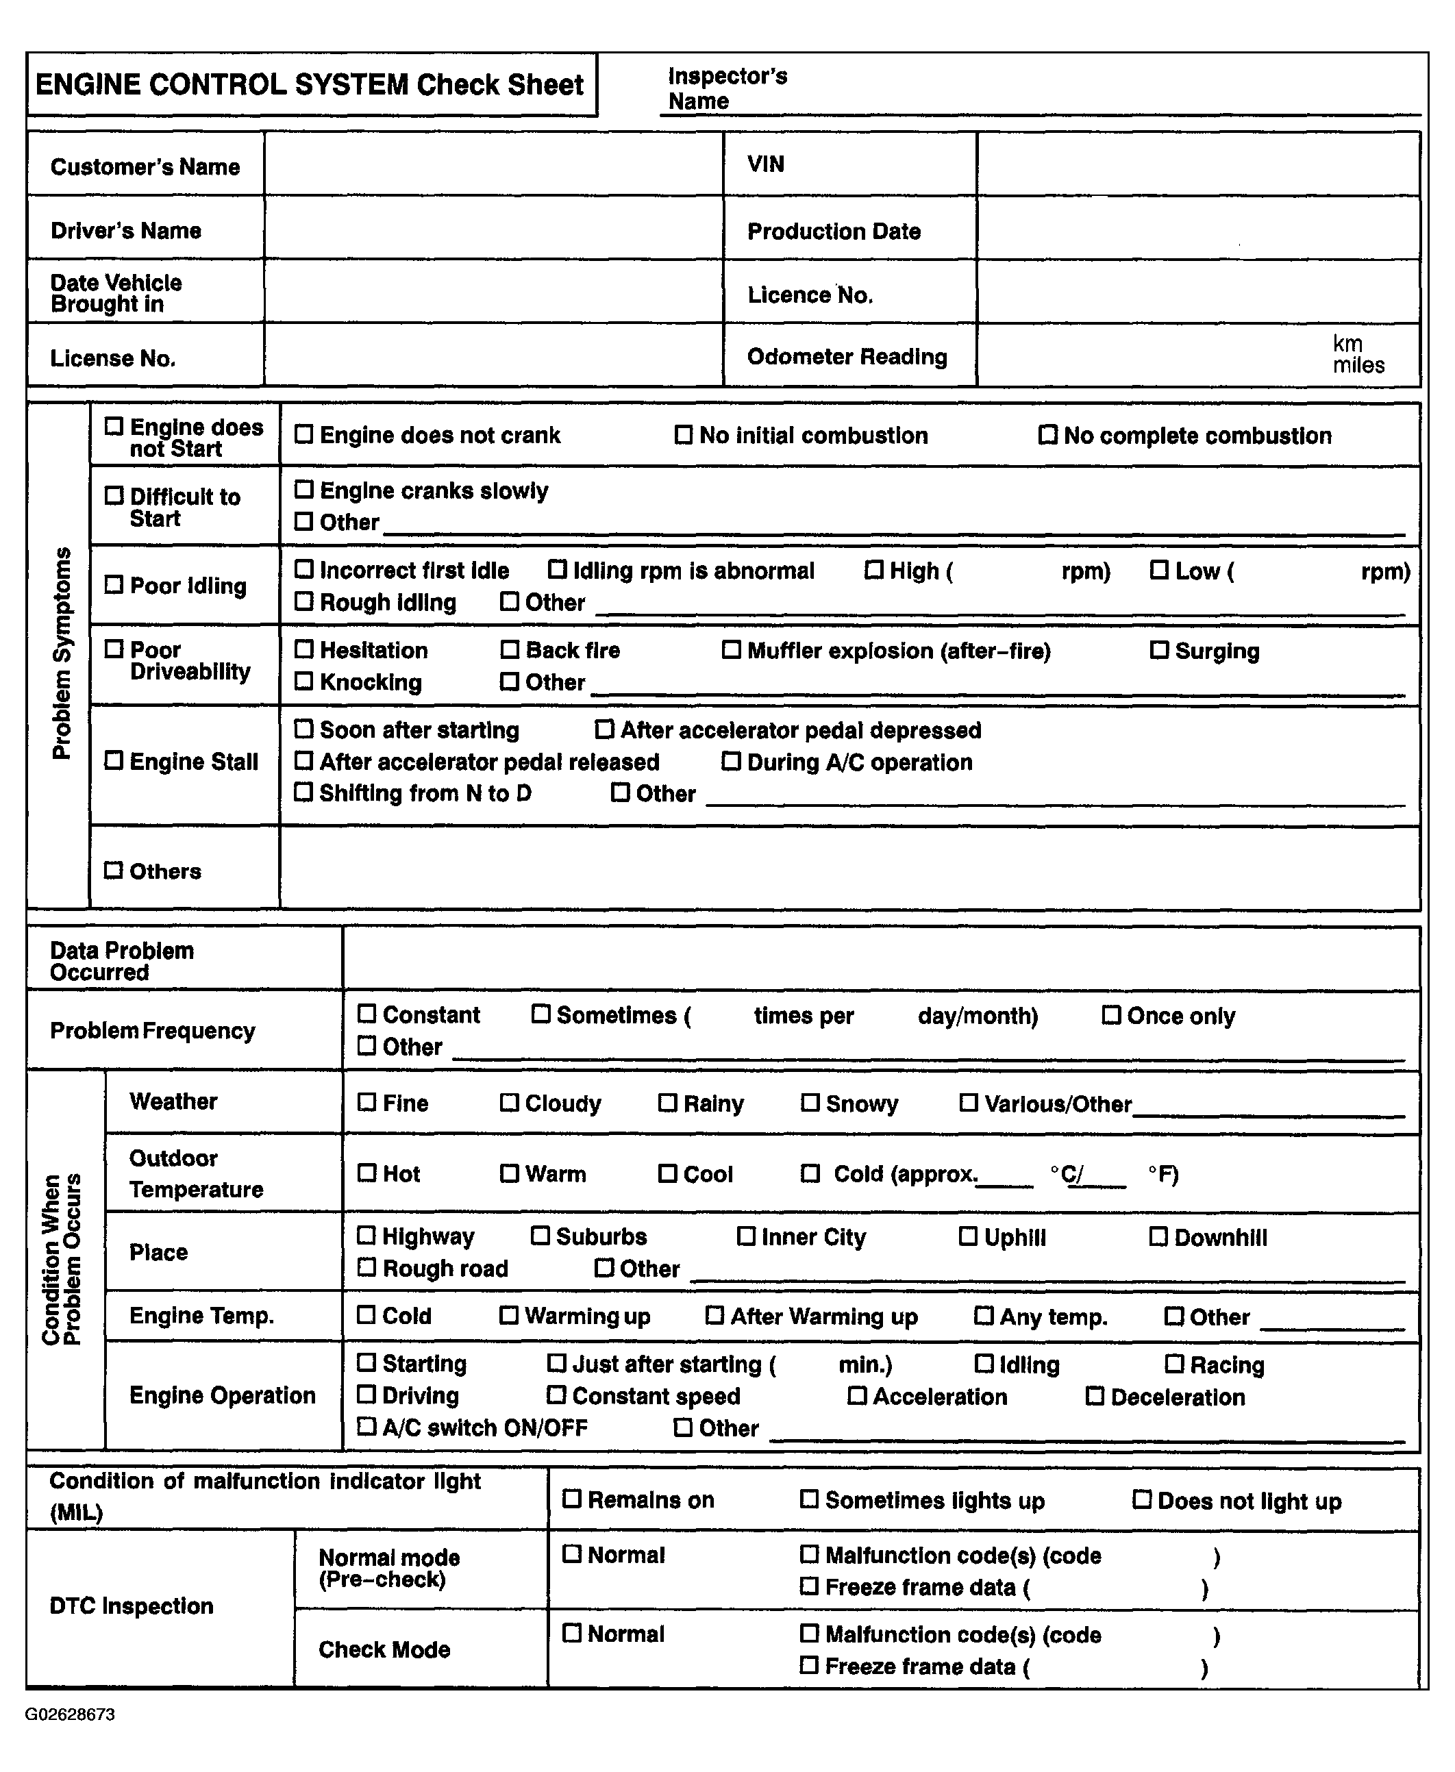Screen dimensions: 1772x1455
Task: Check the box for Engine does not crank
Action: click(x=303, y=434)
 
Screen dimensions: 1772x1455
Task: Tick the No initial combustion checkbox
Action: click(x=683, y=435)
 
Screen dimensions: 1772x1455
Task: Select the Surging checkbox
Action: click(x=1158, y=650)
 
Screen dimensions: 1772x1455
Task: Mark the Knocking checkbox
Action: click(x=303, y=681)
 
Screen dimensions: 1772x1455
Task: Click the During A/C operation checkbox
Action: click(x=731, y=762)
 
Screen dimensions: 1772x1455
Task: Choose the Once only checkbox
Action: click(x=1110, y=1014)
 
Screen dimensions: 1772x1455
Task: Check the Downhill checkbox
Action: click(x=1158, y=1236)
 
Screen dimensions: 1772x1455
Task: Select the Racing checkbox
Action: click(x=1174, y=1364)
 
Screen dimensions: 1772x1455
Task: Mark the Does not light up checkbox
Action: click(x=1141, y=1499)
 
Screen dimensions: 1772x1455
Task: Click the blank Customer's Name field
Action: click(x=493, y=164)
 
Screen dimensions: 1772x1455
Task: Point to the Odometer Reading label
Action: click(x=847, y=357)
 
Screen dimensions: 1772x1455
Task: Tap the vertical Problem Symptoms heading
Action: click(x=61, y=653)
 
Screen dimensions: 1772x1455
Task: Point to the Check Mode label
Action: click(x=384, y=1649)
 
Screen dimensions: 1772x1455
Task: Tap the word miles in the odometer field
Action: click(x=1358, y=365)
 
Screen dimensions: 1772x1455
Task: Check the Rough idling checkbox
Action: click(x=303, y=601)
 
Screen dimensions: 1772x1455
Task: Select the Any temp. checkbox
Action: click(x=983, y=1315)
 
